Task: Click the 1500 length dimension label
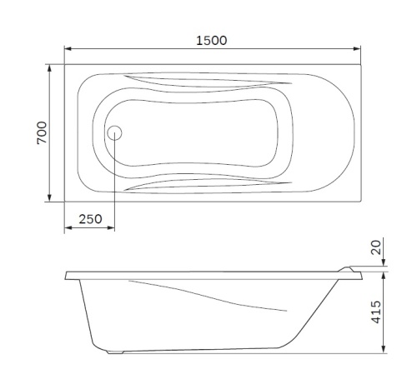(213, 40)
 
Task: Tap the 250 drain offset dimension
(89, 219)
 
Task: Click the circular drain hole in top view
(115, 132)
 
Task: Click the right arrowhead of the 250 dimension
(112, 229)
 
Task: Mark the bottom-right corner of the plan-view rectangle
(361, 202)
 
